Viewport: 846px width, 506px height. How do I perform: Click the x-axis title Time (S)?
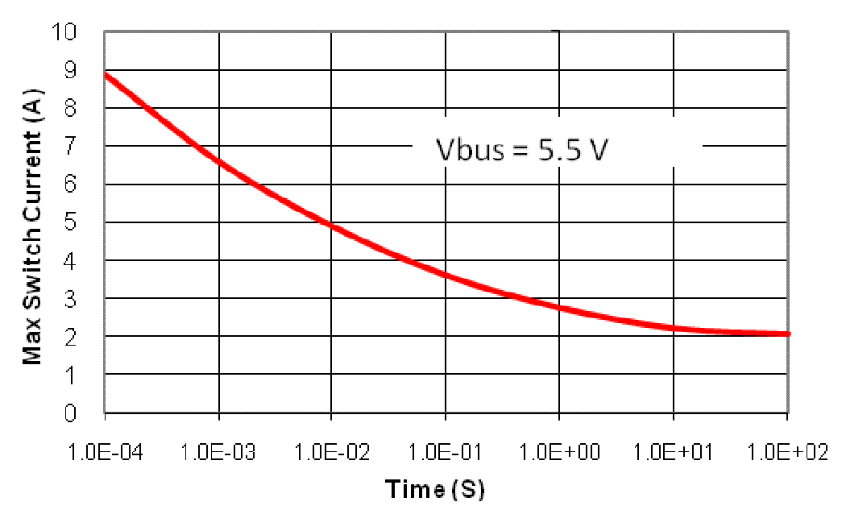(435, 489)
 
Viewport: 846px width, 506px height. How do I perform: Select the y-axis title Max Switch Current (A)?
(32, 222)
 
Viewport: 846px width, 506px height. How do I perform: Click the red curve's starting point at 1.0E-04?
(106, 74)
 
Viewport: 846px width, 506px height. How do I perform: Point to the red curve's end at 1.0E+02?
(788, 334)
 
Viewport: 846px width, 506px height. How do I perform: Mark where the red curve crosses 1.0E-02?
(332, 225)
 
